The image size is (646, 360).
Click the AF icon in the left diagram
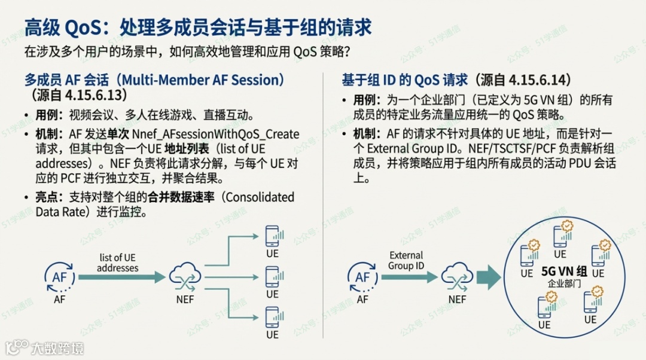[60, 276]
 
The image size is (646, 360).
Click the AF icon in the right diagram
[362, 276]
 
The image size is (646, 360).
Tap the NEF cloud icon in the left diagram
[185, 276]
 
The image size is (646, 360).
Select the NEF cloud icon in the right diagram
[457, 276]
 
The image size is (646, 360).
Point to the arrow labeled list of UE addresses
[122, 277]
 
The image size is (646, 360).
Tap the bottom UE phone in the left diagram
[273, 316]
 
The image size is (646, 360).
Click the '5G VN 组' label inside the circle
[564, 271]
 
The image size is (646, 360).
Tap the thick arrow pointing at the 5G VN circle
[490, 276]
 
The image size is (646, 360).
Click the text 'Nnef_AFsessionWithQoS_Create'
[215, 133]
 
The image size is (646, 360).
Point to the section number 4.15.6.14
[538, 80]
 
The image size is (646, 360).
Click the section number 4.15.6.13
[89, 94]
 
